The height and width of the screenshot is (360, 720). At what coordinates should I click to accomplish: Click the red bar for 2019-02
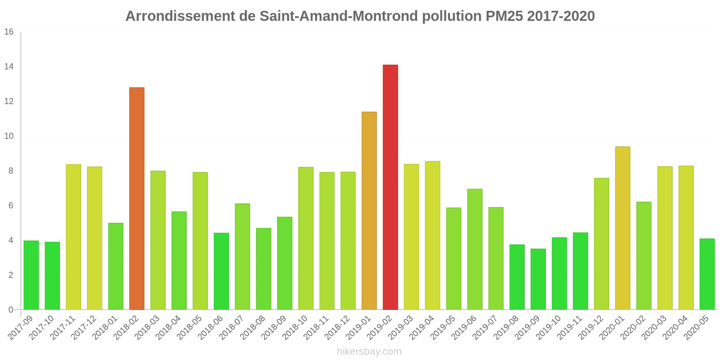390,187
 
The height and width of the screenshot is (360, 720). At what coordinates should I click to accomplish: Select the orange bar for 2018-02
137,198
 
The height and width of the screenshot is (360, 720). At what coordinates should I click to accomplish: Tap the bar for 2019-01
369,211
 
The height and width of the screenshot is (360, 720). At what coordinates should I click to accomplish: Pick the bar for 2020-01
622,228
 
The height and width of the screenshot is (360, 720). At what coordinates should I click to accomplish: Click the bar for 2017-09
31,275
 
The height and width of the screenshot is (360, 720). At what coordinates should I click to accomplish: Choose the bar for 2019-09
538,279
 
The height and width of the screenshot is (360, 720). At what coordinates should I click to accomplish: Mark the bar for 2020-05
707,274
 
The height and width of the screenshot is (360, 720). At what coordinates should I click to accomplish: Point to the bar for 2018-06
221,271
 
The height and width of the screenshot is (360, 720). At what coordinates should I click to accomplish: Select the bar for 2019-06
475,249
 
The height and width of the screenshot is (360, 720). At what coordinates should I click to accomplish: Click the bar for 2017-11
73,237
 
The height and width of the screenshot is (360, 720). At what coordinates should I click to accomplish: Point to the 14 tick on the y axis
9,67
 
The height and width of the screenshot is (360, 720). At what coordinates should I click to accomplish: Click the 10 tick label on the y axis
9,136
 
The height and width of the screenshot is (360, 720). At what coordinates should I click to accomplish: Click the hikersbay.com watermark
369,351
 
